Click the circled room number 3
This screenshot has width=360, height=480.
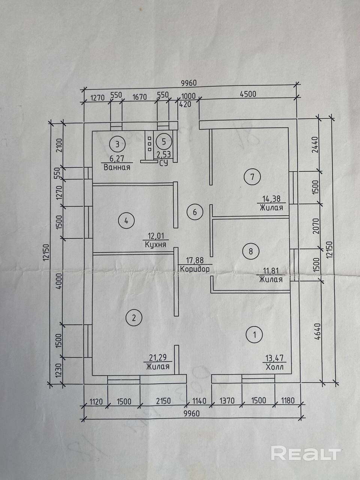(117, 143)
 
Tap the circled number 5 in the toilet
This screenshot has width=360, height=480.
(163, 142)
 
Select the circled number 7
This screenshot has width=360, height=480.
(252, 176)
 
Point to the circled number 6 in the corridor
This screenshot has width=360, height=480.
(195, 212)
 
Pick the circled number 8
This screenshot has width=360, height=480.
(250, 251)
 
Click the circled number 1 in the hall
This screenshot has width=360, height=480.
(255, 334)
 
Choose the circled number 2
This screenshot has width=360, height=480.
(134, 318)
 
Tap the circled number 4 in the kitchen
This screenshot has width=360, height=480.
(126, 220)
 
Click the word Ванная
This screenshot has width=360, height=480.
(117, 167)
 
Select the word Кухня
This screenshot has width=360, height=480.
(156, 244)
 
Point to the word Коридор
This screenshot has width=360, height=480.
(195, 269)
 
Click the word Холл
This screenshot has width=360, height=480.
(274, 367)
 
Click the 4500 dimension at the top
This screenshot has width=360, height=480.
(248, 94)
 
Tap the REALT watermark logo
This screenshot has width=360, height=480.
(306, 453)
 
